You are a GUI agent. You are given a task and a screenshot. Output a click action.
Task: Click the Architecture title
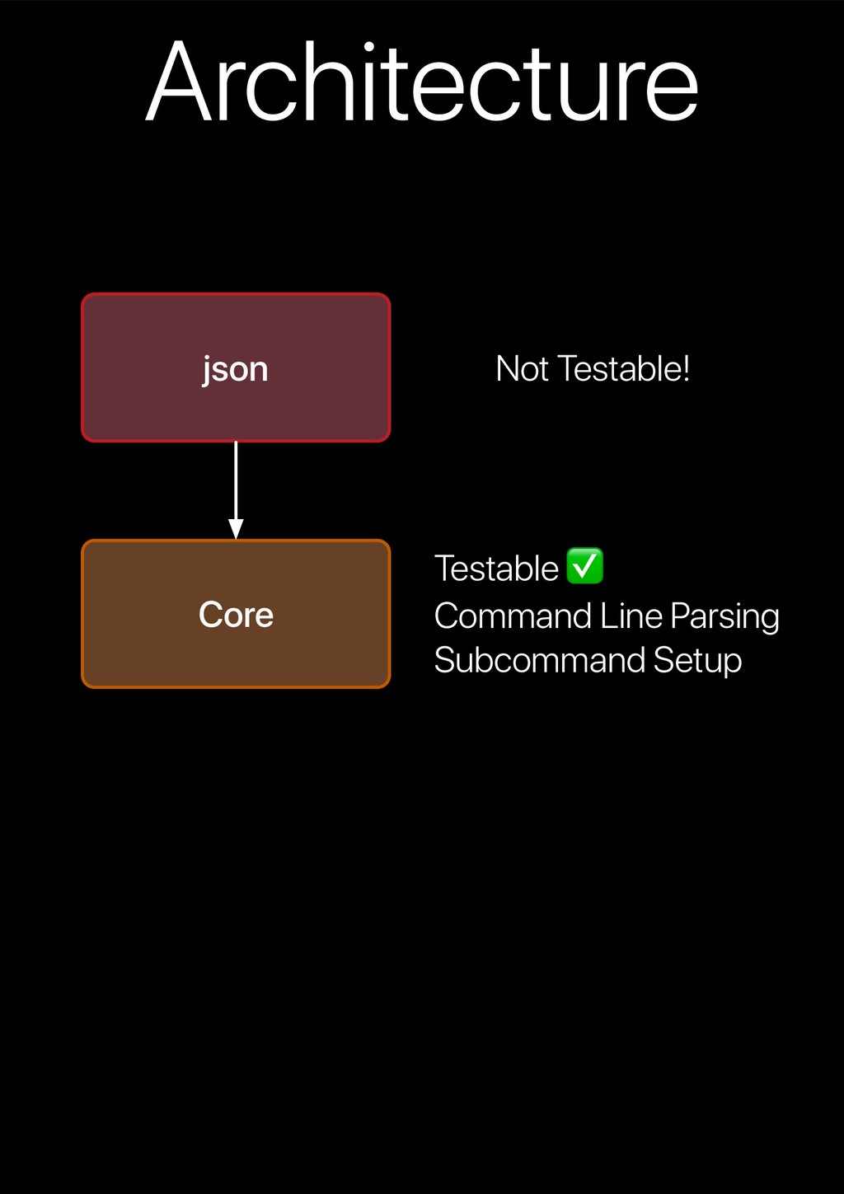[422, 82]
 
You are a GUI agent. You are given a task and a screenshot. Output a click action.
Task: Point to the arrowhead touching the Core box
[236, 529]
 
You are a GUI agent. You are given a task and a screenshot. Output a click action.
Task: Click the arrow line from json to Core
[236, 482]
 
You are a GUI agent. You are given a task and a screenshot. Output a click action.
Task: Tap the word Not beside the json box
[522, 369]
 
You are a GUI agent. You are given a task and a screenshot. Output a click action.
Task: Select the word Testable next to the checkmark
[496, 569]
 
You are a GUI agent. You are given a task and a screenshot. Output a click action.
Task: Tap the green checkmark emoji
[585, 566]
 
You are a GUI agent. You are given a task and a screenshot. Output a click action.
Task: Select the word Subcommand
[539, 661]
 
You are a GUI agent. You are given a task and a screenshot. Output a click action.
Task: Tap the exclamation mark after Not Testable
[686, 369]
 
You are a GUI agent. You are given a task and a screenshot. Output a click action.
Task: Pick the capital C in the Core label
[210, 615]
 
